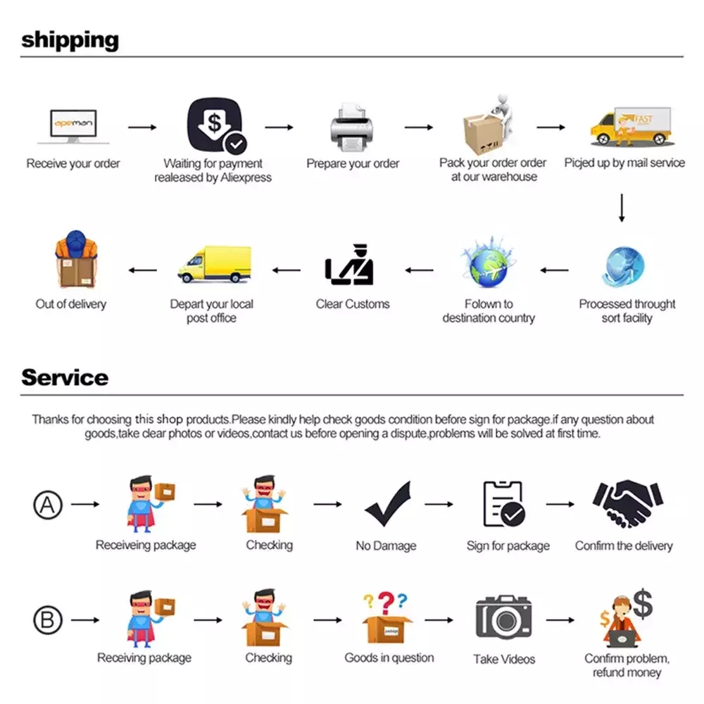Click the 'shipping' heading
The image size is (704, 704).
pos(70,40)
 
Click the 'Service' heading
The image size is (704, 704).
pos(65,377)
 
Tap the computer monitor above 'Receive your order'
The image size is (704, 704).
pos(73,126)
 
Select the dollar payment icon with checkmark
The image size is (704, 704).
pos(217,125)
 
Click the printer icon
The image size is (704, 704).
pos(351,127)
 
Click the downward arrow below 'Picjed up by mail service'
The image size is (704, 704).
pos(622,208)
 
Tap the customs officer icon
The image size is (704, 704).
pos(349,265)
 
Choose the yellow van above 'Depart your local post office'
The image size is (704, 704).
pos(215,264)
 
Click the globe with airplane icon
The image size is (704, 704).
pos(489,263)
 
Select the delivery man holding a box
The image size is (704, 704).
pos(76,259)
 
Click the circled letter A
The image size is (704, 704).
pos(48,505)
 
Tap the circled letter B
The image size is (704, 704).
pos(48,620)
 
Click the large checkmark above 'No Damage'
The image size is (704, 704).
pos(388,503)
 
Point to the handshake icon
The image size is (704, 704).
pos(628,503)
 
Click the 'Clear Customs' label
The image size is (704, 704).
pos(353,304)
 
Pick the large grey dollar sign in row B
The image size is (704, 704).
pos(643,604)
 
